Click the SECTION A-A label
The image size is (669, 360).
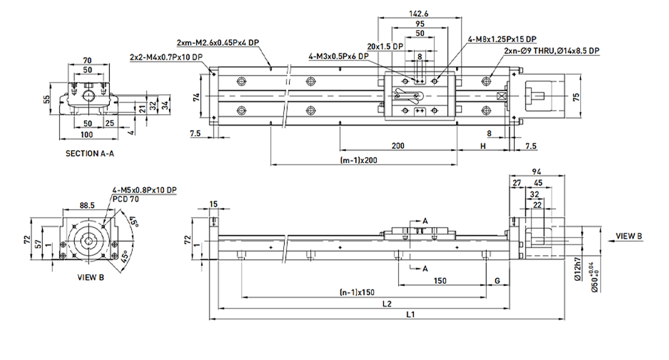(x=89, y=153)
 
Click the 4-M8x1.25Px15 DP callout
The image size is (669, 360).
(x=502, y=38)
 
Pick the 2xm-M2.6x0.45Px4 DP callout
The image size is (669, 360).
(x=218, y=43)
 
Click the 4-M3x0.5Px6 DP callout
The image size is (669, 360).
(x=337, y=57)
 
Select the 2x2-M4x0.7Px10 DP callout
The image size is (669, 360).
(x=166, y=57)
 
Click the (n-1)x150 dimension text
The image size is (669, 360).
(x=357, y=292)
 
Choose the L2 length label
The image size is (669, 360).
(x=388, y=303)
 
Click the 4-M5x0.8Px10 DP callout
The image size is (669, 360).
(x=144, y=190)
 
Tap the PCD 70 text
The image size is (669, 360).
(x=126, y=198)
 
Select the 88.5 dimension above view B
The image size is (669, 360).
(x=88, y=204)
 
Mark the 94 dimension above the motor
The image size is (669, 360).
(x=536, y=171)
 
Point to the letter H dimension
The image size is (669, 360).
(x=482, y=145)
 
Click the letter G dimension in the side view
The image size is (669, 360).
(x=498, y=280)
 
